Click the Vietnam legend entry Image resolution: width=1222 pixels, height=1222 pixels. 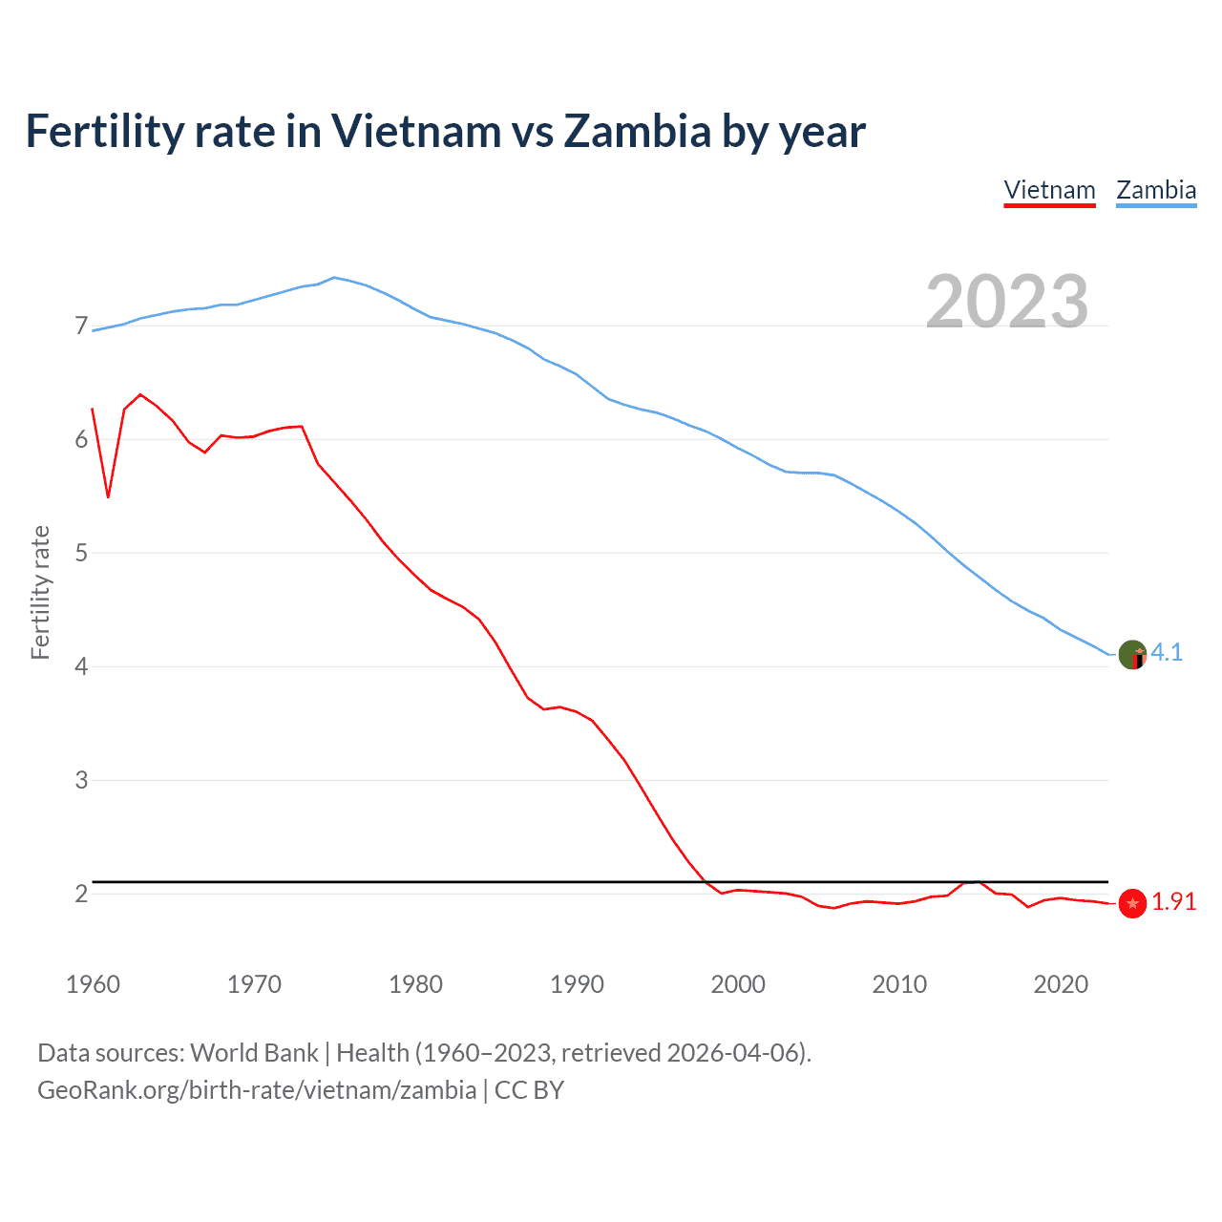(1049, 190)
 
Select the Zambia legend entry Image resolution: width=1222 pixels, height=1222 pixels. (1156, 190)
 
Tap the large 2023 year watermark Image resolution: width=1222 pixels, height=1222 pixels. (1007, 302)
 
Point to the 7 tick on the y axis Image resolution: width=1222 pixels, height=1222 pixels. (81, 327)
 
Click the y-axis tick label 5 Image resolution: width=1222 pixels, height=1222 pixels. (81, 553)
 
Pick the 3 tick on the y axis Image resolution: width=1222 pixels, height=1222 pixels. (81, 780)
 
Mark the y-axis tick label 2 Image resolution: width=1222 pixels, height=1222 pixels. (81, 894)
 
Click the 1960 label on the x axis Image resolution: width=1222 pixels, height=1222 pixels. (93, 984)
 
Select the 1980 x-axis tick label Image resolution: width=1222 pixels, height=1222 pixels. (415, 984)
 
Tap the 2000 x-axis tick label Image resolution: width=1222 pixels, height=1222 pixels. (738, 984)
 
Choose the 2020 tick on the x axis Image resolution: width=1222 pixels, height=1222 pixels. (1061, 984)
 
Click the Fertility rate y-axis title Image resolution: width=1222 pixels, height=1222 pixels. (40, 592)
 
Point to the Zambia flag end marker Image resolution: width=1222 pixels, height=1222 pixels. (1132, 655)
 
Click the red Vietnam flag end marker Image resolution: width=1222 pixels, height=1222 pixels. (1132, 903)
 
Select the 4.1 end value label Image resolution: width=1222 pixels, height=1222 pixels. (1167, 652)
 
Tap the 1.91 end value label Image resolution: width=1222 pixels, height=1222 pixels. (1173, 902)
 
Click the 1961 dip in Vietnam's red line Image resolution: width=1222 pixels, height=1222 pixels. (109, 496)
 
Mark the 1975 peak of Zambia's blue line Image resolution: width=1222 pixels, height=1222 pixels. (333, 278)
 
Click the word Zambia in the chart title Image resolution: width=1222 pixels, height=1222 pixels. (637, 131)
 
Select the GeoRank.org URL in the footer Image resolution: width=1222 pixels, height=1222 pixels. (257, 1090)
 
